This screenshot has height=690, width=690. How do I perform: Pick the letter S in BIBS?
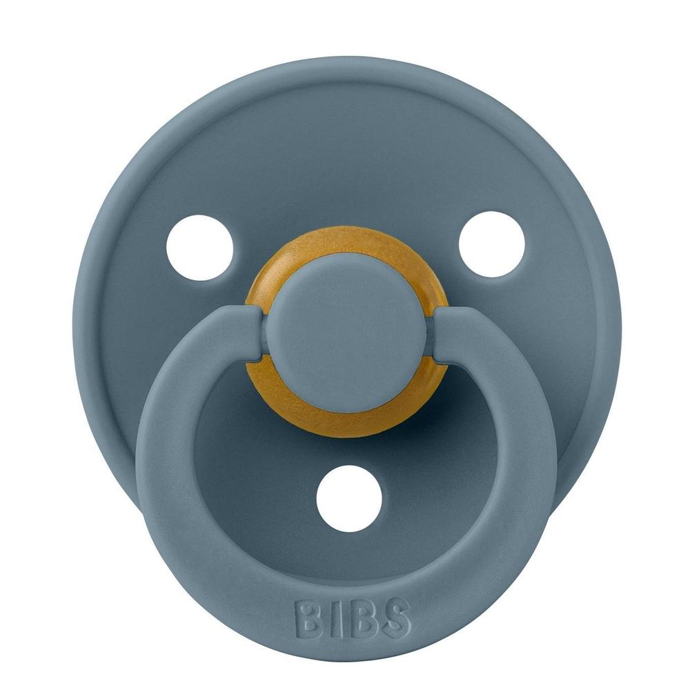pos(395,620)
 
